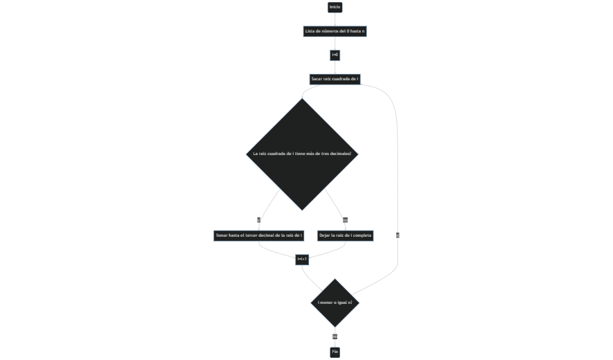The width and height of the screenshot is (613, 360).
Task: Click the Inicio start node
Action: [335, 7]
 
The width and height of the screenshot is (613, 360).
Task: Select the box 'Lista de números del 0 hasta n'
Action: [335, 31]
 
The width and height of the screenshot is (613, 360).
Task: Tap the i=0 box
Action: [335, 55]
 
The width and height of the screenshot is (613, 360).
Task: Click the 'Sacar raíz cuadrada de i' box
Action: [335, 79]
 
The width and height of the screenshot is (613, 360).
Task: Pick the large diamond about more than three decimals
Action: [303, 154]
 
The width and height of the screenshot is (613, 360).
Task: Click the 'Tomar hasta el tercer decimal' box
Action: [259, 235]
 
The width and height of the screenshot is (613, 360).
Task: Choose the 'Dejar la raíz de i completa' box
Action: [345, 235]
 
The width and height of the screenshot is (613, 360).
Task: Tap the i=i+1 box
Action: [302, 259]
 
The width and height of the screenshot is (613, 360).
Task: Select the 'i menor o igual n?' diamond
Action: [335, 303]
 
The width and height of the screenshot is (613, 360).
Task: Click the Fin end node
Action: [335, 352]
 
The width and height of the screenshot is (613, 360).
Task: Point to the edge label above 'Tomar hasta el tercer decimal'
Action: [259, 219]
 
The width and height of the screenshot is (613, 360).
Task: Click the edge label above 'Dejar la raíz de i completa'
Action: [345, 219]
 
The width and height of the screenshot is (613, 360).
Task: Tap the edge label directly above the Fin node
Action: [335, 336]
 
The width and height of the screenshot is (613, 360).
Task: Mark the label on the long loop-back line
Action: [398, 235]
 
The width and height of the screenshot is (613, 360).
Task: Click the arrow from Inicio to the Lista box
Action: [335, 19]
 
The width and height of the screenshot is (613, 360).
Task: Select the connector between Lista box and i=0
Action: [335, 43]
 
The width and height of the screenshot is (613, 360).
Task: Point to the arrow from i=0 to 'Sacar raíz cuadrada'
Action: [335, 67]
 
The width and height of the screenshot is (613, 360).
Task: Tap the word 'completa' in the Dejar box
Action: [362, 235]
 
